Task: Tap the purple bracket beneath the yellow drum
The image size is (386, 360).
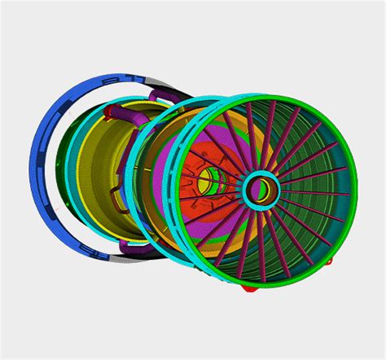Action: tap(130, 244)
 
